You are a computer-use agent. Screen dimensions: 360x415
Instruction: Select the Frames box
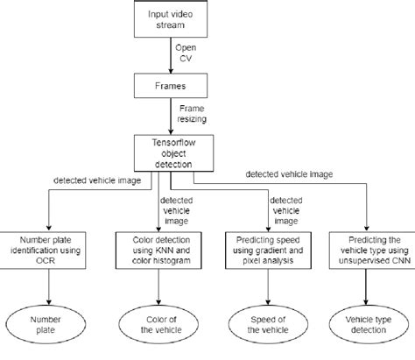pos(172,85)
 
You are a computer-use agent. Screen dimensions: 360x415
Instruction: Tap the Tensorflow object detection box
pos(172,152)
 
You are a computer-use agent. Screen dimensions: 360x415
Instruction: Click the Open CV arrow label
pos(187,53)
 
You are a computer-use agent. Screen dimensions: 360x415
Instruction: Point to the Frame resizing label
pos(192,117)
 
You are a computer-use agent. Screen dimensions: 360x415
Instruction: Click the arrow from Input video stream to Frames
pos(172,54)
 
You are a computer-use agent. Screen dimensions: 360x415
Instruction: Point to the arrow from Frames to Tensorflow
pos(172,118)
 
